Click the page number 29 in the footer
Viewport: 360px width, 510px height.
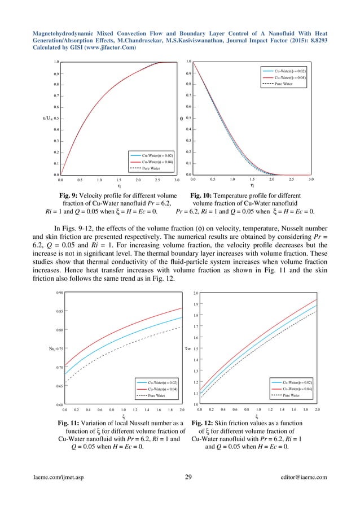[x=189, y=477]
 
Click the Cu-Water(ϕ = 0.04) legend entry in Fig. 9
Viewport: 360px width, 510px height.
[x=155, y=162]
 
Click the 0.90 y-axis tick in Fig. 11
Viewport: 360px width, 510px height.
[x=59, y=293]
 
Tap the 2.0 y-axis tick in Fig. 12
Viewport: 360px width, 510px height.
[x=195, y=294]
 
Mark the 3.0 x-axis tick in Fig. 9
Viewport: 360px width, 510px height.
[x=177, y=181]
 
